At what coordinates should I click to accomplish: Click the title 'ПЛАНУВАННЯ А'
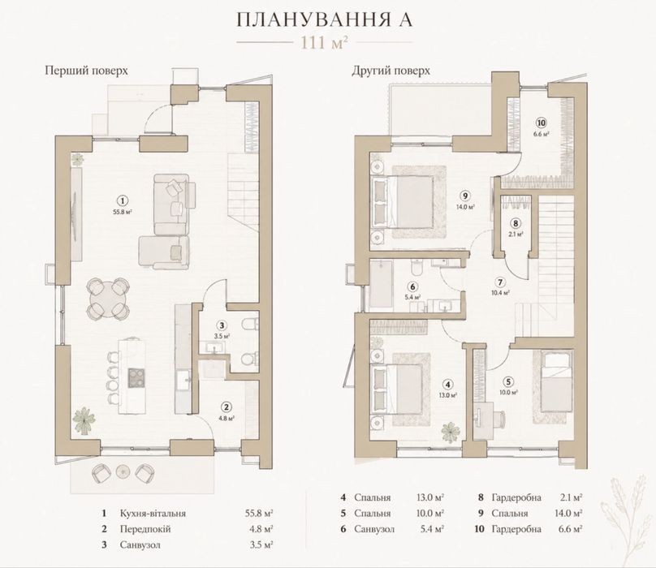tap(325, 20)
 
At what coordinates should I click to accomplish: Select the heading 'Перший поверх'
tap(86, 71)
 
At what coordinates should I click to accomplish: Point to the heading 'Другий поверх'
tap(391, 71)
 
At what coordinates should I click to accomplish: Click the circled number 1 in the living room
tap(122, 200)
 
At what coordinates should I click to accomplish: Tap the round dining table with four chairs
tap(107, 299)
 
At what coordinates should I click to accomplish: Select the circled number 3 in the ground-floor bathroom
tap(222, 325)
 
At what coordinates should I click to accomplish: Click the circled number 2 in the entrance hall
tap(227, 407)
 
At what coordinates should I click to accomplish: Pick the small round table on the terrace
tap(123, 471)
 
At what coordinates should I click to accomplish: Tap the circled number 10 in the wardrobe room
tap(542, 123)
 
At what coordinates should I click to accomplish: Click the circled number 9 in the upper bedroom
tap(465, 196)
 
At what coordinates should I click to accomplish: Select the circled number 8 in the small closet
tap(516, 223)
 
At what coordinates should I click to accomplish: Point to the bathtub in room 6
tap(382, 286)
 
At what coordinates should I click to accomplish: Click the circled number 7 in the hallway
tap(500, 282)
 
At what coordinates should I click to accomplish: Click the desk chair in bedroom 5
tap(498, 419)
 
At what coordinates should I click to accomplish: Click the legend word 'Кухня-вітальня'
tap(153, 513)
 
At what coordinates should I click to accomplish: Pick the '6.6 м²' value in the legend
tap(571, 529)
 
